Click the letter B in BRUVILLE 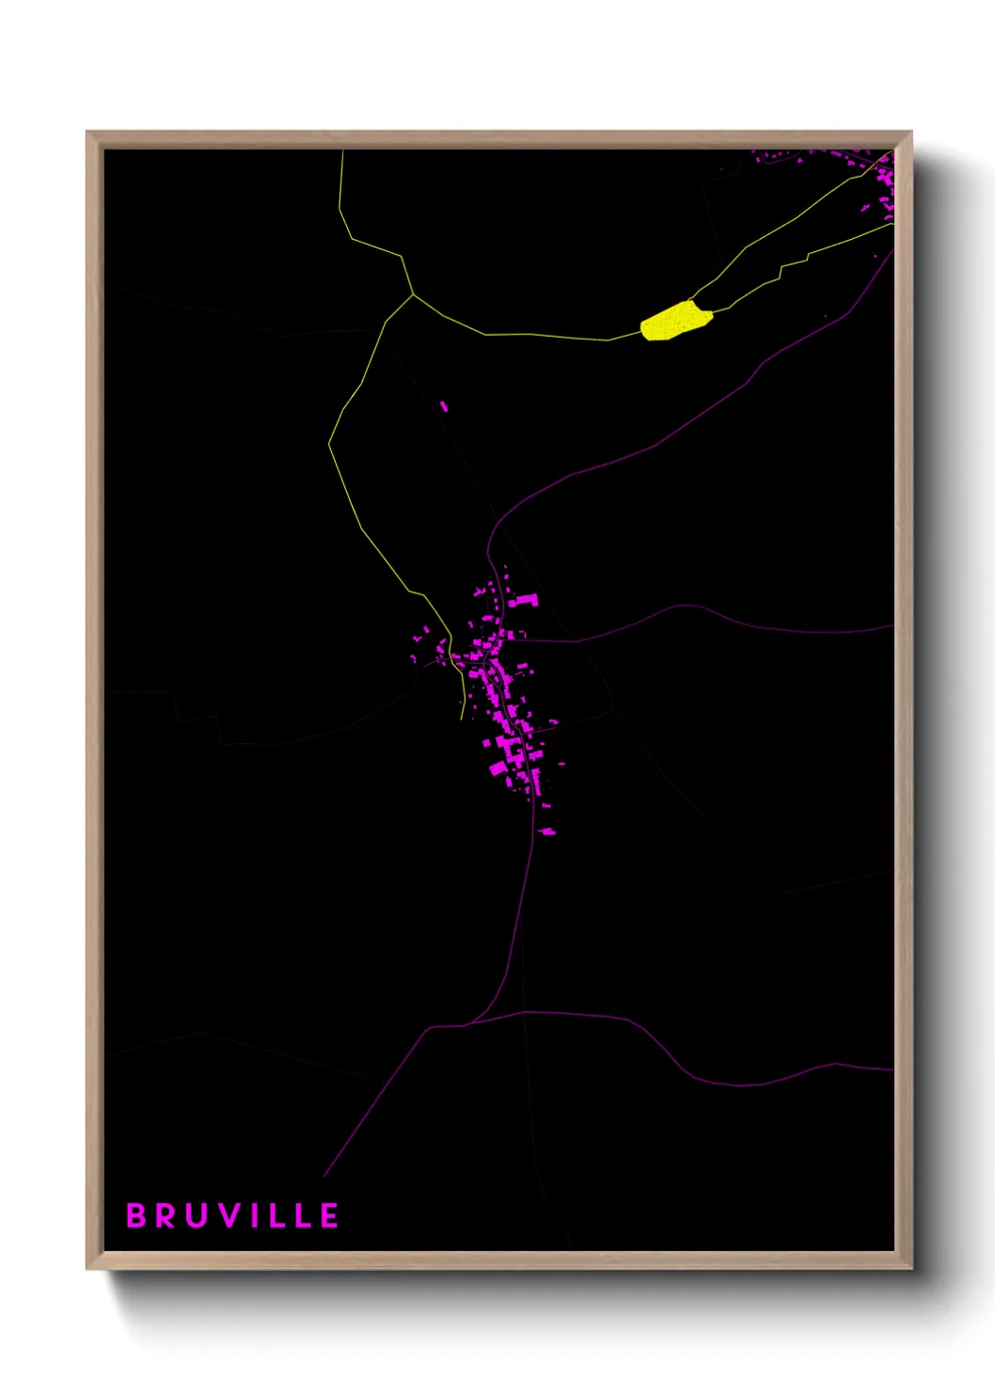(136, 1215)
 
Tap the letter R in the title (166, 1215)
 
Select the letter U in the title (197, 1215)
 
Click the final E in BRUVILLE (329, 1215)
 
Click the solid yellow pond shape (674, 321)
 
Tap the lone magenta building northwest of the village (444, 406)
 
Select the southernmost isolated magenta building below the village (546, 831)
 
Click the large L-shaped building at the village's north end (525, 600)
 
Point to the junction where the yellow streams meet (413, 294)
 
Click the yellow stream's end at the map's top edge (342, 150)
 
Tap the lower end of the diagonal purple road (324, 1176)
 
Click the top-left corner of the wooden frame (87, 133)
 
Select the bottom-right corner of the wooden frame (911, 1268)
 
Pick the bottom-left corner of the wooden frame (87, 1268)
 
